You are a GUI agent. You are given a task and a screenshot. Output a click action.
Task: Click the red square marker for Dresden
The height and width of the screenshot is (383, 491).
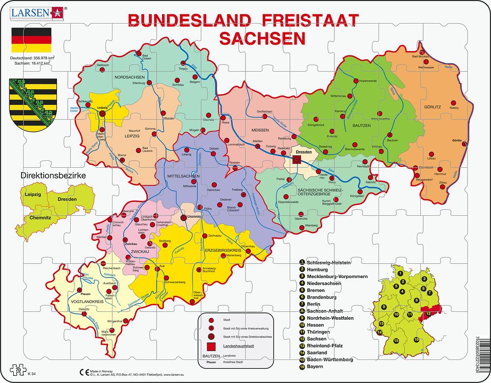297,159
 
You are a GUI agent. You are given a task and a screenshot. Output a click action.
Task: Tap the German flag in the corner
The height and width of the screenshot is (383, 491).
31,41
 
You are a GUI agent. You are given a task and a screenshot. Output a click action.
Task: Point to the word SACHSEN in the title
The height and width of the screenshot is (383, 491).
262,38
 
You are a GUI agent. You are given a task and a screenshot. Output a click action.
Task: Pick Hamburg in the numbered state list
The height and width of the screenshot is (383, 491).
317,270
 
